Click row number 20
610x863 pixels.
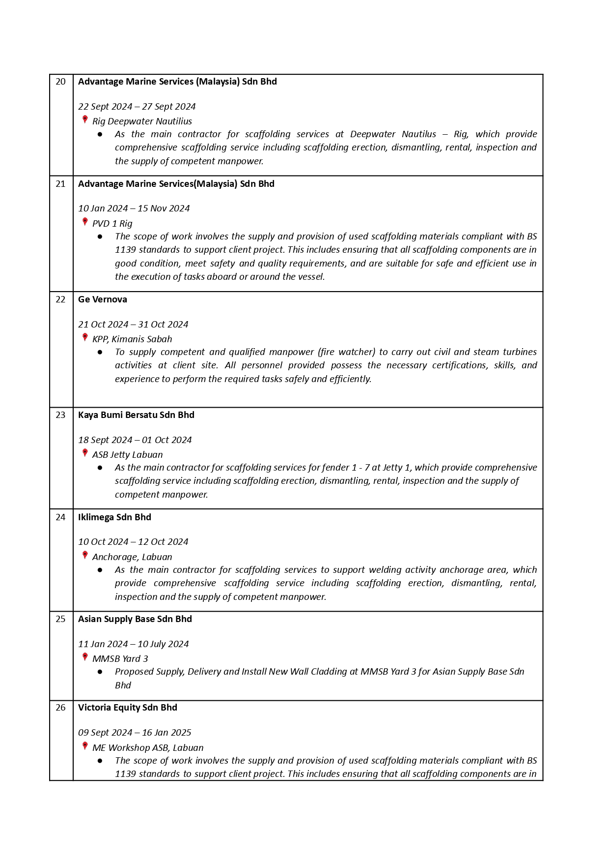(x=60, y=82)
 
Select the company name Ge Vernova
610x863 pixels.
(x=102, y=299)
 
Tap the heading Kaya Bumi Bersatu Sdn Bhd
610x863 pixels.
(x=136, y=415)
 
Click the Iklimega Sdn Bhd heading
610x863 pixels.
(x=114, y=517)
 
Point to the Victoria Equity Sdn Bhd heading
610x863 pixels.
(x=127, y=708)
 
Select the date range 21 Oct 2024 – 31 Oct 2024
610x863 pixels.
(x=133, y=325)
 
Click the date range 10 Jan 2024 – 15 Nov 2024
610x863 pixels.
(x=134, y=208)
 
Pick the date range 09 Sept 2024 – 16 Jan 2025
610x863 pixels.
(x=135, y=733)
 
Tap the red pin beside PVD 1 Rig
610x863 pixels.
(x=85, y=222)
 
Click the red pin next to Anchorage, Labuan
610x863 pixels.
(x=85, y=556)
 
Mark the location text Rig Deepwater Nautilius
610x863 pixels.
(x=142, y=121)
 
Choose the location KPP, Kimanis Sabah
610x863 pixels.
(x=132, y=339)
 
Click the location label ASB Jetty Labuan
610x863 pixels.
(x=127, y=455)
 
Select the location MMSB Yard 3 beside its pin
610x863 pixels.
(x=120, y=659)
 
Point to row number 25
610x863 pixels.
(x=60, y=619)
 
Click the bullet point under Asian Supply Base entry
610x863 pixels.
(x=100, y=672)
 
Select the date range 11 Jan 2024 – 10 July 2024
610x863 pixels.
(x=133, y=644)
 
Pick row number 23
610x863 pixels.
(x=60, y=415)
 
